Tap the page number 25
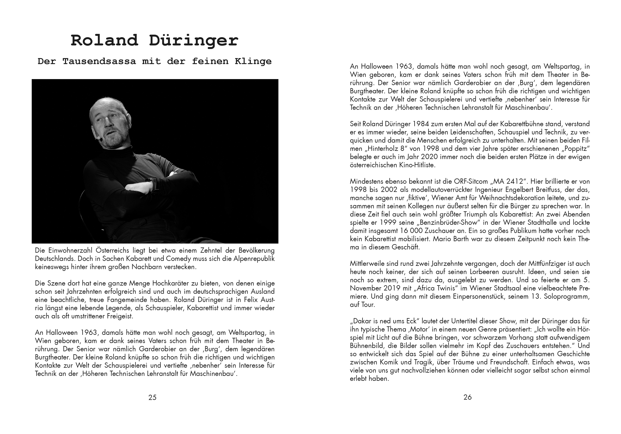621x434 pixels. pos(152,397)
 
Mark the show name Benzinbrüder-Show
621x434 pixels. pos(454,223)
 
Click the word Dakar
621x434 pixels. pos(362,321)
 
